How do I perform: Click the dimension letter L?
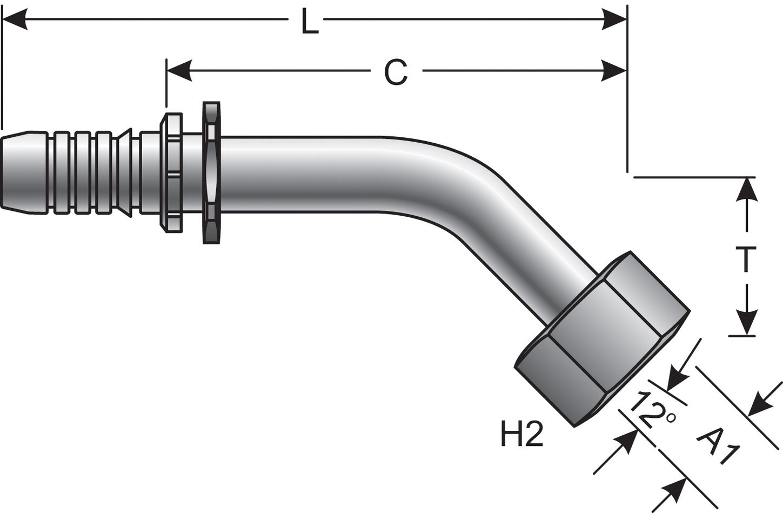pyautogui.click(x=310, y=23)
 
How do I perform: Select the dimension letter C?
pyautogui.click(x=396, y=72)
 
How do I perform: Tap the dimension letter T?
pyautogui.click(x=746, y=259)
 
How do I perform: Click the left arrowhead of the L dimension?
pyautogui.click(x=14, y=22)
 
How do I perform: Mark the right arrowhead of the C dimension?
pyautogui.click(x=615, y=71)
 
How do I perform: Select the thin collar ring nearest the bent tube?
pyautogui.click(x=211, y=172)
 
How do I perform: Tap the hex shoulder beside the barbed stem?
pyautogui.click(x=170, y=172)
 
